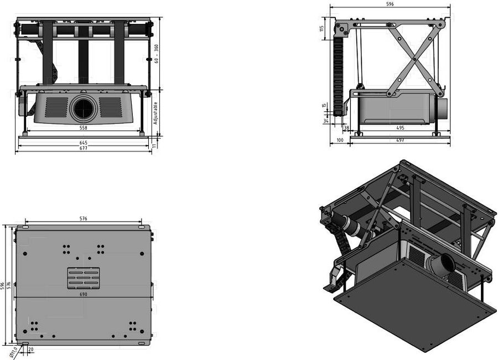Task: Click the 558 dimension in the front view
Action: [83, 128]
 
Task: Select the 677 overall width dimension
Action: [83, 148]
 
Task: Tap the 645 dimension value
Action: [83, 143]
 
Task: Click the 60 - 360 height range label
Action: [156, 53]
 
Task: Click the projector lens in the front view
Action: [84, 108]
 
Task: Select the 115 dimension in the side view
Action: [322, 29]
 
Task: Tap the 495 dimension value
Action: [400, 128]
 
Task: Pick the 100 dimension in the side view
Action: [339, 141]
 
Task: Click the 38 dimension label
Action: [346, 128]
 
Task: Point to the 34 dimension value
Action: [326, 121]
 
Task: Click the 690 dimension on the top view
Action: [83, 294]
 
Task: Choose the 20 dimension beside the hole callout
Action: [30, 349]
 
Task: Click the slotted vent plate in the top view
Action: [84, 278]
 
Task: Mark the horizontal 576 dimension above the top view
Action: [83, 219]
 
